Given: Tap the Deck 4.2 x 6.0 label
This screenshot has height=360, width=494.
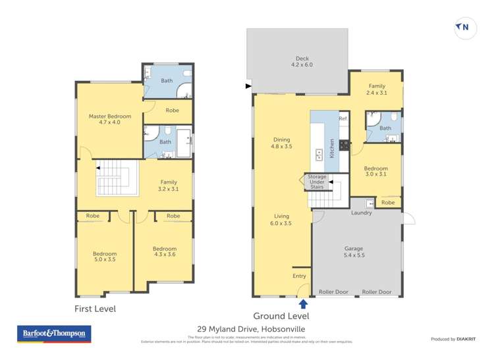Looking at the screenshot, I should point(302,62).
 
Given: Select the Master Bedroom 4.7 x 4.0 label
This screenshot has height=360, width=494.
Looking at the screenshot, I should point(109,119).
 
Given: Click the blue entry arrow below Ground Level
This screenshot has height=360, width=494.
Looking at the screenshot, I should point(303,303).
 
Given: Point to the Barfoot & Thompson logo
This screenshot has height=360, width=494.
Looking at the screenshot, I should point(54,334).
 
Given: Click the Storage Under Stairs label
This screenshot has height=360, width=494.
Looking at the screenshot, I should point(316,182).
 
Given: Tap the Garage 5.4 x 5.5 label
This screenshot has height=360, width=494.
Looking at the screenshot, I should point(354,252).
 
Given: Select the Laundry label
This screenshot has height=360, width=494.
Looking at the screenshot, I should point(362,213).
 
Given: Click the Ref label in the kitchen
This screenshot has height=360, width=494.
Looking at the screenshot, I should point(343,118).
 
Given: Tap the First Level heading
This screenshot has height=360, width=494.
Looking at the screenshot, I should point(95,307).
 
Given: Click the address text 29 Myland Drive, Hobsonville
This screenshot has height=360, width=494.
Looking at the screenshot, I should point(251,329).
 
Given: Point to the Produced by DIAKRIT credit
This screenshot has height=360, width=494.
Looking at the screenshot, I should point(453,339).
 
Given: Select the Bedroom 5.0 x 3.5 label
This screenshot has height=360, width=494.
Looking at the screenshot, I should point(105,257).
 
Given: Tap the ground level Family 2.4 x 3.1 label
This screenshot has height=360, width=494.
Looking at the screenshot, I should point(377,90).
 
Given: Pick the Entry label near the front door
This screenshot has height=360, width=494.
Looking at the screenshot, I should point(298,276).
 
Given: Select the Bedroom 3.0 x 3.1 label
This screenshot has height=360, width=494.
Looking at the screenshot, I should point(377,172).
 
